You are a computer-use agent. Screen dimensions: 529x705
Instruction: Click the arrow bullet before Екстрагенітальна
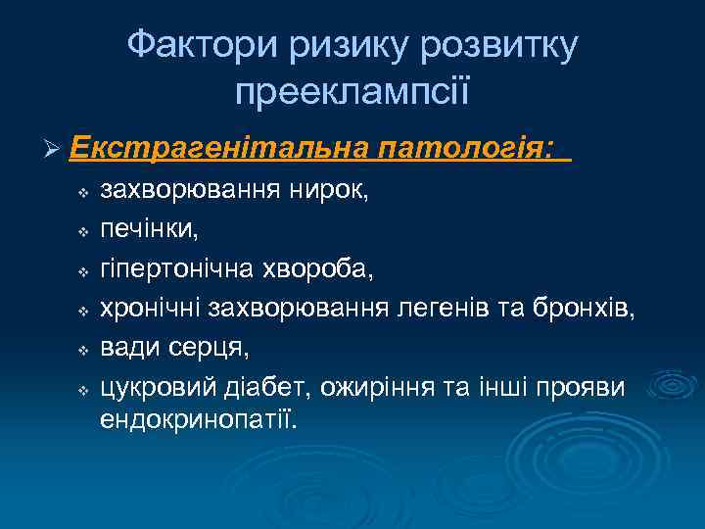54,149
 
